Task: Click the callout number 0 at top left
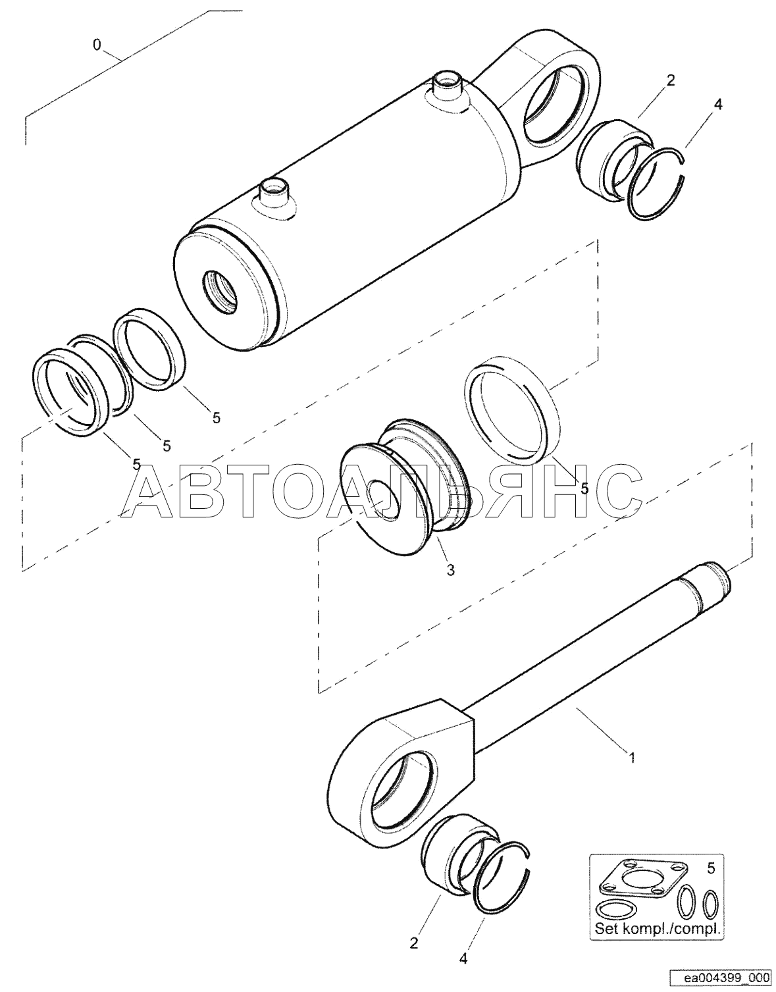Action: [96, 45]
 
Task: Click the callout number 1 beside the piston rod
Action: [633, 758]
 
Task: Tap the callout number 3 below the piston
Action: [451, 570]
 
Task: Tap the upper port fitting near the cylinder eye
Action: [448, 88]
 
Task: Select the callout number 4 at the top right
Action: [717, 105]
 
